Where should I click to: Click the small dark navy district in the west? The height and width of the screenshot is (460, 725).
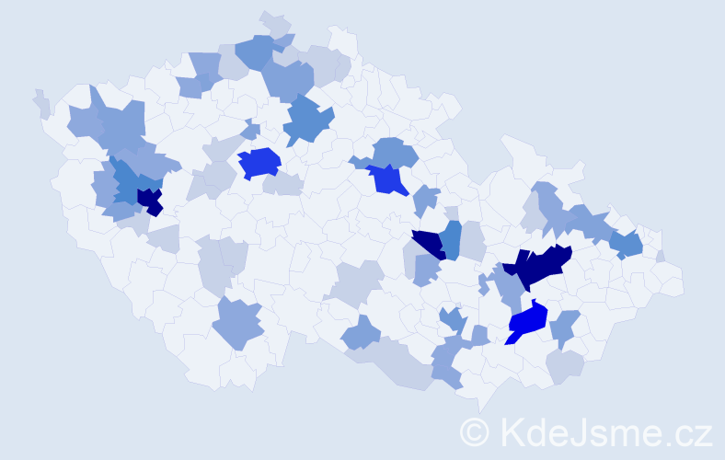tap(148, 200)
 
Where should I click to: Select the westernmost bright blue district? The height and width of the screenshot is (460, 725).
tap(259, 163)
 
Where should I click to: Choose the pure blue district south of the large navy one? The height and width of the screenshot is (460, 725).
tap(526, 322)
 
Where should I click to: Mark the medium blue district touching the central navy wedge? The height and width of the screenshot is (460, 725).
tap(450, 239)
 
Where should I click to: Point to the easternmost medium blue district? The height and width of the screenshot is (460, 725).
tap(627, 245)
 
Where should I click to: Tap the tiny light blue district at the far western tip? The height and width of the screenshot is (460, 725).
tap(41, 102)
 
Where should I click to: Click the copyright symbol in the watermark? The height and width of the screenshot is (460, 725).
tap(476, 431)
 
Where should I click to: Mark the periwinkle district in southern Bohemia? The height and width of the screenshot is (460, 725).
tap(237, 324)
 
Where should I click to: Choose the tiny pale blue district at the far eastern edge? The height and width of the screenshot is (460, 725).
tap(661, 256)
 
